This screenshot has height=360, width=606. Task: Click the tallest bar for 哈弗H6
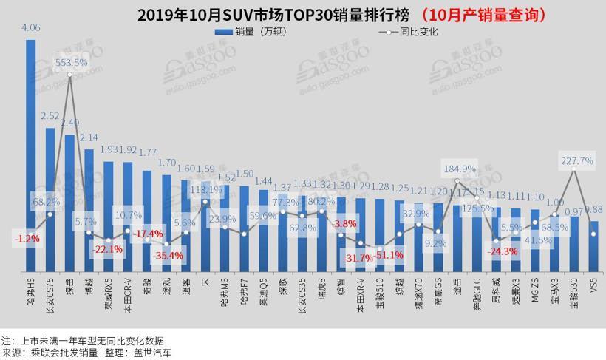point(31,163)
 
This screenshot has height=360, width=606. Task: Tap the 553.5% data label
point(70,64)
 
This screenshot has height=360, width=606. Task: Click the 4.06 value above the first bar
point(31,28)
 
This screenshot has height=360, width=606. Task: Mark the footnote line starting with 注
point(82,341)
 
